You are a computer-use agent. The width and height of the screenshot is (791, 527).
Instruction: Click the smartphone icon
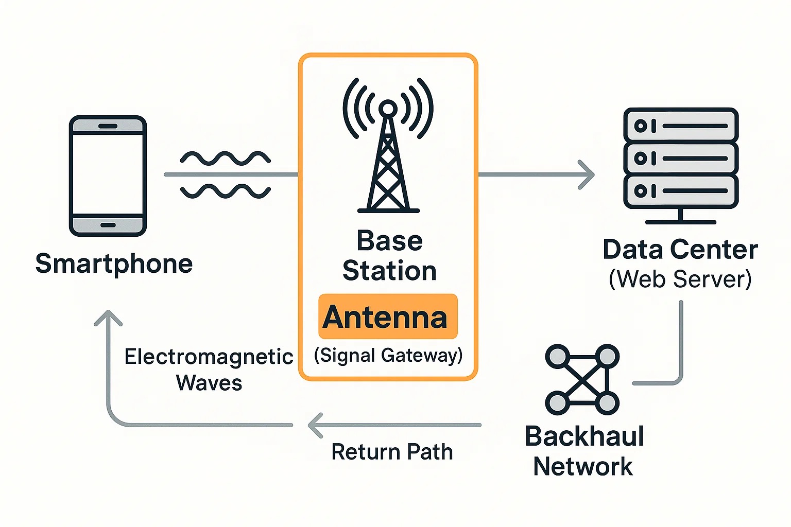pos(108,176)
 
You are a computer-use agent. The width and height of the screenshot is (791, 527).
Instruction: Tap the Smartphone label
pos(114,264)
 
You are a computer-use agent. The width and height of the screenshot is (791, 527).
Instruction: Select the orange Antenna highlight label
pos(387,317)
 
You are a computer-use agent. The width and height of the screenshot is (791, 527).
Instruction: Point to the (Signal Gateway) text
pos(388,355)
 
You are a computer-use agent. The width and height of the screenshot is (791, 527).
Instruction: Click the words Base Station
pos(389,256)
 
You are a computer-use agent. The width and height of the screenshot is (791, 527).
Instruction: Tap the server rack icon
pos(681,165)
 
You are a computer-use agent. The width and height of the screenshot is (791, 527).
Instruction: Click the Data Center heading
pos(680,250)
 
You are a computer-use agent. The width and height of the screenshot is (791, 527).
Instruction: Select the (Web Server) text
pos(680,279)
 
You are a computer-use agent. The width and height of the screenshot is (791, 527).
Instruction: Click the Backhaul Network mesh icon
pos(582,380)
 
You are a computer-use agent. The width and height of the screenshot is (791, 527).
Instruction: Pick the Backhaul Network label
pos(584,451)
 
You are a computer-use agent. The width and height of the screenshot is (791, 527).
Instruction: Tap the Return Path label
pos(392,452)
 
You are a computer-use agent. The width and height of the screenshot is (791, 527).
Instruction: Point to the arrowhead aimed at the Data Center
pos(587,175)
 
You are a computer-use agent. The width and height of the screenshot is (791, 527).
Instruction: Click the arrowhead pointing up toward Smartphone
pos(108,318)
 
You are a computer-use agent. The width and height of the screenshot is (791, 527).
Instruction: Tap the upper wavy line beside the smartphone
pos(225,158)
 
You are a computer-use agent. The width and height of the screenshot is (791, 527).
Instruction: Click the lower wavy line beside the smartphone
pos(225,191)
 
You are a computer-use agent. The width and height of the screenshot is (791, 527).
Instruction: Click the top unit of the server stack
pos(681,125)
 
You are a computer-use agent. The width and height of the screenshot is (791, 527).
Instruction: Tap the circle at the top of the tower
pos(388,109)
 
